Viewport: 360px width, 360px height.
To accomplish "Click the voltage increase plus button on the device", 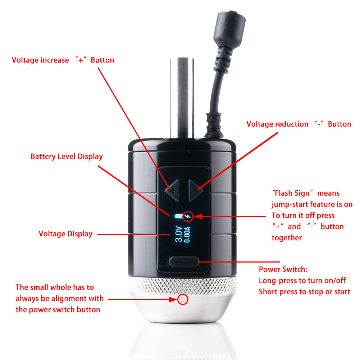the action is pos(173,190).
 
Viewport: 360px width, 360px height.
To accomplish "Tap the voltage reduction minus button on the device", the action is pos(195,190).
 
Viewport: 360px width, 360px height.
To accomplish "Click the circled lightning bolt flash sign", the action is pos(188,216).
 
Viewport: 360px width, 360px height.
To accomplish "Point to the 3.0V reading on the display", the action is pos(178,234).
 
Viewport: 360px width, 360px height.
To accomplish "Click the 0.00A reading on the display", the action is pos(187,234).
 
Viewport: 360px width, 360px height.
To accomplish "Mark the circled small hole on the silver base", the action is pos(183,299).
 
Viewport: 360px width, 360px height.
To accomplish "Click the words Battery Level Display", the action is pos(67,156).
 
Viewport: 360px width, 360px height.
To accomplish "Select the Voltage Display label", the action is pos(65,234).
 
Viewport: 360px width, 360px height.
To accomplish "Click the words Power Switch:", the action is pos(283,269).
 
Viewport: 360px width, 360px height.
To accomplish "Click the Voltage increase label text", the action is pos(40,60).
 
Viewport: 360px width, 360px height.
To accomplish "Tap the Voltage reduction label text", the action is pos(277,124).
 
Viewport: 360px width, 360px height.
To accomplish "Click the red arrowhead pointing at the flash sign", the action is pos(198,216).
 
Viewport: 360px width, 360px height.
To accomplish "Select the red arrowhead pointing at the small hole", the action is pos(173,299).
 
